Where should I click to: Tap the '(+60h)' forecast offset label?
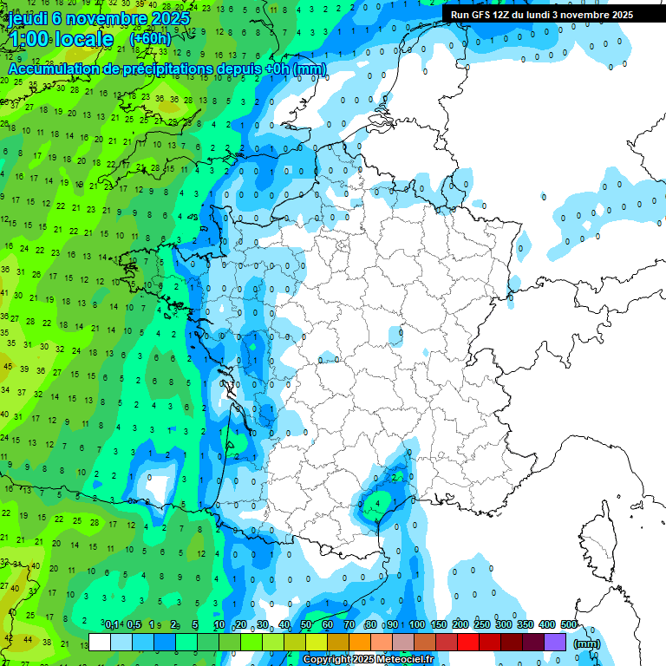coord(150,39)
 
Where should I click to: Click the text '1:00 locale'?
coord(60,39)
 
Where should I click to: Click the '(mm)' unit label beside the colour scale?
coord(587,643)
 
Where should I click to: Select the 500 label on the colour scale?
coord(568,625)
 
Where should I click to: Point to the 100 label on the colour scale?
coord(417,625)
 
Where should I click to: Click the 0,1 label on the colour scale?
coord(112,625)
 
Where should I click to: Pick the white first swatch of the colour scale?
coord(100,643)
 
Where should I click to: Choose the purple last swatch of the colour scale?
coord(555,643)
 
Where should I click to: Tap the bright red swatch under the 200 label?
coord(468,643)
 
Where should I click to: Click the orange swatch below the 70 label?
coord(360,643)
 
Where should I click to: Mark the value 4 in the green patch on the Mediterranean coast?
coord(378,502)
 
